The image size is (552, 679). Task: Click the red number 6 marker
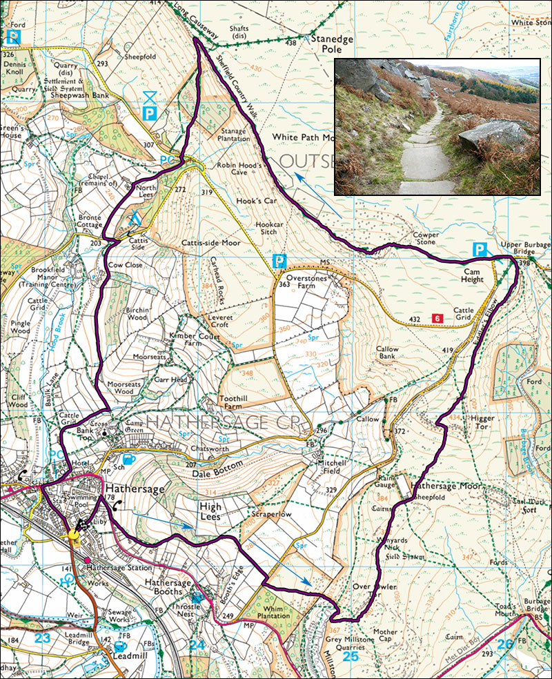437,318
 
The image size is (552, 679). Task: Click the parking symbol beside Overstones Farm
279,262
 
